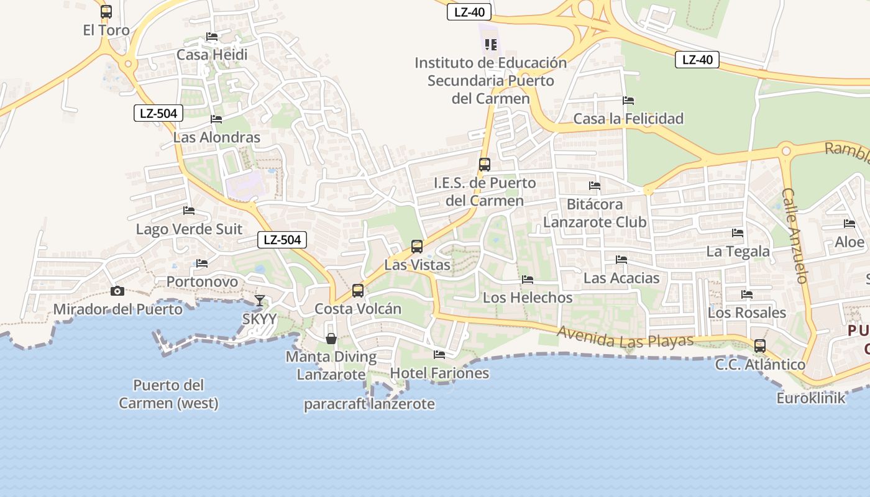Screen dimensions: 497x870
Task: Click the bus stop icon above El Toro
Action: tap(106, 12)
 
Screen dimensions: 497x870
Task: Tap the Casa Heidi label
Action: tap(212, 55)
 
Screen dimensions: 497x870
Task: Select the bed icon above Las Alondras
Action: tap(216, 119)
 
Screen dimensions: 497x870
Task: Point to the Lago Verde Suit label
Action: tap(189, 229)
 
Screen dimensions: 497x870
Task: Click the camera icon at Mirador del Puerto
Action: tap(117, 291)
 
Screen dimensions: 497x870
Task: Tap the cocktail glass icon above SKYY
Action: tap(260, 301)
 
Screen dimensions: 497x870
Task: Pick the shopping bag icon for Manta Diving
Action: tap(331, 339)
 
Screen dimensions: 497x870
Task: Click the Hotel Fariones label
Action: tap(439, 373)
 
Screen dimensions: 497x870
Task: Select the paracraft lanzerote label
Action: tap(369, 404)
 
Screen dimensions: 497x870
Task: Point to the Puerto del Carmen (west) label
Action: tap(168, 394)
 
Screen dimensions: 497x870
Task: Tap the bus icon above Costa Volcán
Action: tap(358, 290)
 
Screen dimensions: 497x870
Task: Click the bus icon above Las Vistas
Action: tap(417, 246)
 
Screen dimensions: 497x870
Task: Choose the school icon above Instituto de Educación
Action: tap(491, 44)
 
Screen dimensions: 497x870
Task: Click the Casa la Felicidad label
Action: tap(628, 119)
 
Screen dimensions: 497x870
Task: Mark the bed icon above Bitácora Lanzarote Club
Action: tap(595, 185)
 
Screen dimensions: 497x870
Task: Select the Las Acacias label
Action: tap(621, 278)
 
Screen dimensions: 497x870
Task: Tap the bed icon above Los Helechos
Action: tap(528, 280)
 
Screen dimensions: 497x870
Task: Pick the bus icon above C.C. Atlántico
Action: tap(759, 346)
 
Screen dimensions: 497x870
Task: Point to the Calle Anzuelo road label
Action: tap(795, 236)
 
